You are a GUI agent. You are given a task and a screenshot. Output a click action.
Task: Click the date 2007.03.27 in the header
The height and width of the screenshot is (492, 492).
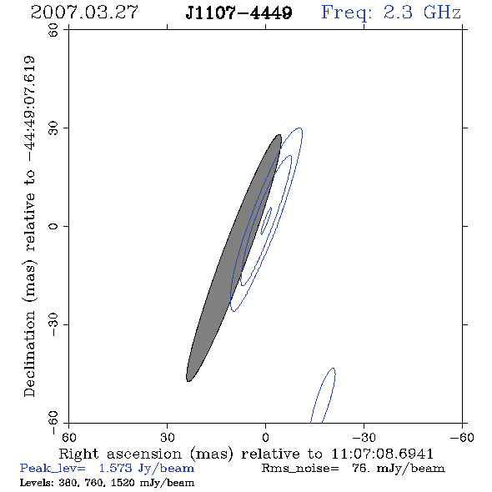[84, 13]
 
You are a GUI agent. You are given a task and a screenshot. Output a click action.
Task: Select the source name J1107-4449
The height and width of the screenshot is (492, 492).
[238, 13]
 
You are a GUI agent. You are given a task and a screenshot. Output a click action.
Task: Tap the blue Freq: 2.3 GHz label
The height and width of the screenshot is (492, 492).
[391, 13]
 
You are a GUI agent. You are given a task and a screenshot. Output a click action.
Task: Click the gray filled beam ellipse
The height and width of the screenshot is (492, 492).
[233, 258]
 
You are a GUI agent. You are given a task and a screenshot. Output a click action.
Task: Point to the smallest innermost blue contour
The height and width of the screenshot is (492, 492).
[266, 221]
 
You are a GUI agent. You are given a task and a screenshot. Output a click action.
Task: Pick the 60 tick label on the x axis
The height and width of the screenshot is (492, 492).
[68, 437]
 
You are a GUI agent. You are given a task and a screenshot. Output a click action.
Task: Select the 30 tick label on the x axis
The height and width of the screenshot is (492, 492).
[167, 437]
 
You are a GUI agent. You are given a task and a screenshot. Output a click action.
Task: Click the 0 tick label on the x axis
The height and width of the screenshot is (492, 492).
[265, 437]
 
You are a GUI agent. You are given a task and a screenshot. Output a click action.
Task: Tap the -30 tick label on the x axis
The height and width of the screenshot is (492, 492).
[364, 437]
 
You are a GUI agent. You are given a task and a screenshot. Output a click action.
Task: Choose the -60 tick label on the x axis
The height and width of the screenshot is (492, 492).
[462, 437]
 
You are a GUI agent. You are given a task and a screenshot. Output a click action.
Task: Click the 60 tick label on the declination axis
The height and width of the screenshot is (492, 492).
[53, 30]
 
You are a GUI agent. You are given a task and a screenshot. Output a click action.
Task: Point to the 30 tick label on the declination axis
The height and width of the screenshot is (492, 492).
[53, 128]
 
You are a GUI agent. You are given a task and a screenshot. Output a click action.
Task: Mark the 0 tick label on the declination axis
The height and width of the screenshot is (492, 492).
[53, 226]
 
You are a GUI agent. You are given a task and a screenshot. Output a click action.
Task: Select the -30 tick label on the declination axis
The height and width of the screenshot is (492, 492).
[53, 324]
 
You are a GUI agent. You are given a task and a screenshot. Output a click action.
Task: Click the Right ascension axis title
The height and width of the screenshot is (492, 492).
[246, 454]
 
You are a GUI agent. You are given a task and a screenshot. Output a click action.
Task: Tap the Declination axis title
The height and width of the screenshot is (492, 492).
[29, 226]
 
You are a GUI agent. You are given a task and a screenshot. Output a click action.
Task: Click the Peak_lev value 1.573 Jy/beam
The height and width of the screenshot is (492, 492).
[147, 469]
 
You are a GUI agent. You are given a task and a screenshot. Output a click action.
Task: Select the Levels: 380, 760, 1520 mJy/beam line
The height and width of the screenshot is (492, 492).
[107, 482]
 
